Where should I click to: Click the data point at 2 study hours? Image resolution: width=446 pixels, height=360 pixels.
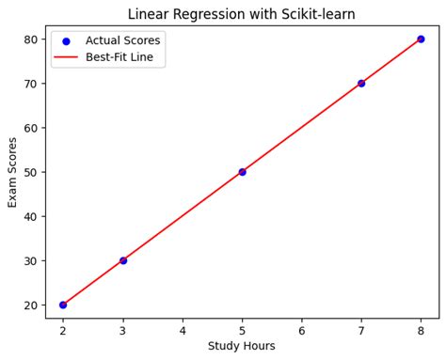tap(63, 305)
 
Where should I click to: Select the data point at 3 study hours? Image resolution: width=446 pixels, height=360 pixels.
tap(123, 260)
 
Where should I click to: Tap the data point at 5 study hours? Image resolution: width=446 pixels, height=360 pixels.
tap(242, 172)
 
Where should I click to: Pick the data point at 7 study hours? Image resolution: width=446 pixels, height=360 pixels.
tap(361, 83)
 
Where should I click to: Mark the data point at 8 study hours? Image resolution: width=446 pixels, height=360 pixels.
tap(421, 39)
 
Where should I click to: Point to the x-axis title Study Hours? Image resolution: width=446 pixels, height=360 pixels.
tap(242, 346)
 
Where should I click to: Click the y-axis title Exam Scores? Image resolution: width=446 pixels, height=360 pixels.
tap(13, 172)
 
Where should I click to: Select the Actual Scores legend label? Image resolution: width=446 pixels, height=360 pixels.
tap(122, 40)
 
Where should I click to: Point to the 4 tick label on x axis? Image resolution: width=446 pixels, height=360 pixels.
tap(183, 330)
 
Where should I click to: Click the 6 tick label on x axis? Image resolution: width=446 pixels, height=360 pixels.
tap(301, 330)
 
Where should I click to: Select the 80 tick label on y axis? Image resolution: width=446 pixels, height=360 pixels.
tap(31, 39)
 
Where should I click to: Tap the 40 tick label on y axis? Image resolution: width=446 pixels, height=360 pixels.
tap(31, 216)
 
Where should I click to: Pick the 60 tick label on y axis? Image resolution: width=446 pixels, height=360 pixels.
tap(31, 128)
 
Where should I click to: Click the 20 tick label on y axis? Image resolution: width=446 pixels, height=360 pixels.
tap(31, 305)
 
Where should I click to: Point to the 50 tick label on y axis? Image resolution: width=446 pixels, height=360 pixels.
tap(31, 172)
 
